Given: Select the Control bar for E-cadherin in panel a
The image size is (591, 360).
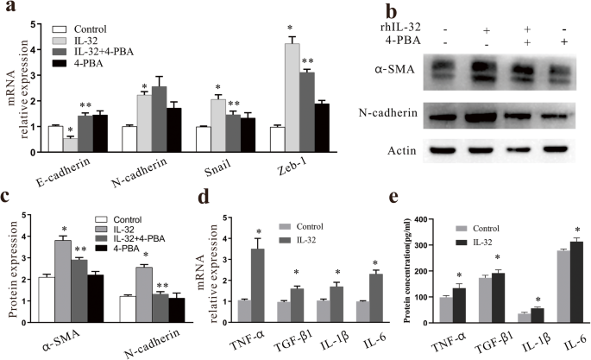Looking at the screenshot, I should point(32,138).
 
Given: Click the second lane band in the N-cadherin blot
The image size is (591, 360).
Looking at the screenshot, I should point(483,117).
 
